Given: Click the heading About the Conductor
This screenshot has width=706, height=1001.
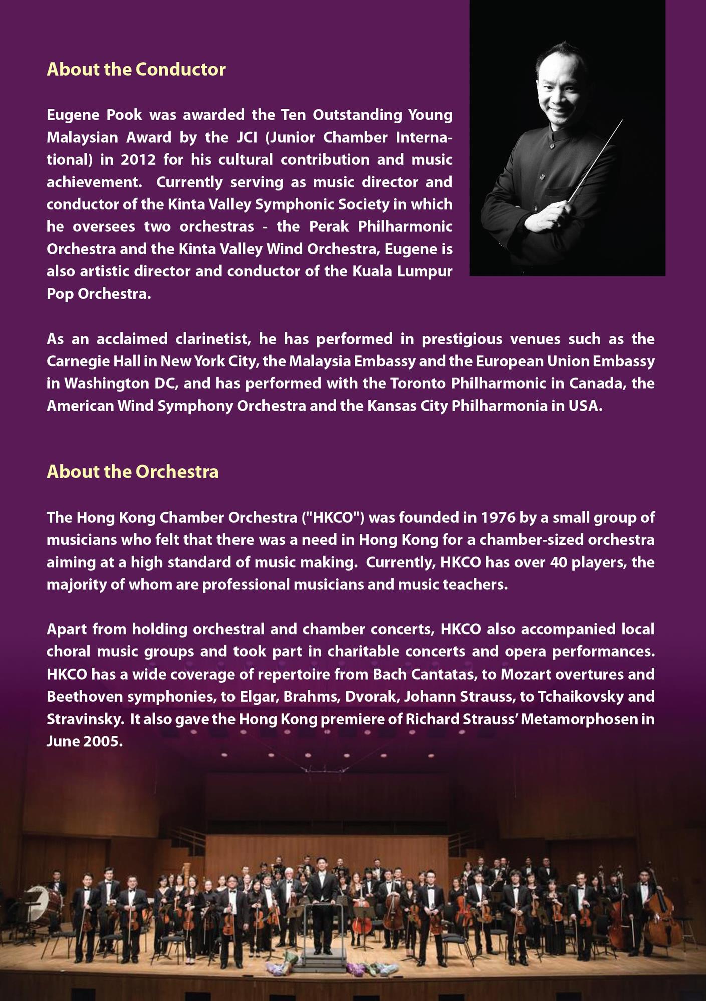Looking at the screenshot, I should point(136,69).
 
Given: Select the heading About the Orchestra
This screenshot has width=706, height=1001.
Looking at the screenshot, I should point(133,472).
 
